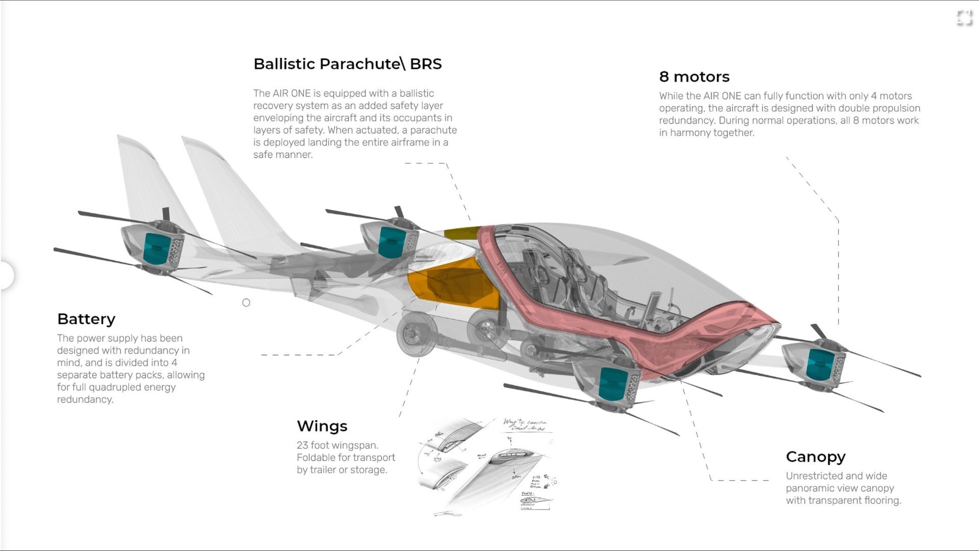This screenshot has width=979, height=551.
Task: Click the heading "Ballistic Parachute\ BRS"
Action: [347, 64]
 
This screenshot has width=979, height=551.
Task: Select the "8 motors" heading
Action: [694, 77]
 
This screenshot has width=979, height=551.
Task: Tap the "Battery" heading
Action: [86, 319]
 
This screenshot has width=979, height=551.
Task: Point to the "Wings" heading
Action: [322, 426]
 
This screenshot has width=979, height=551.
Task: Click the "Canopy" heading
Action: [816, 456]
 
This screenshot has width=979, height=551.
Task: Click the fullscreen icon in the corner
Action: [964, 18]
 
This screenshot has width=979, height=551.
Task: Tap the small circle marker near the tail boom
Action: [246, 302]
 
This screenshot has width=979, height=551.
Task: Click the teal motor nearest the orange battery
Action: [391, 241]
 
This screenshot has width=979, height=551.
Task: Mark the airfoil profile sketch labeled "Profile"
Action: [535, 500]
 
